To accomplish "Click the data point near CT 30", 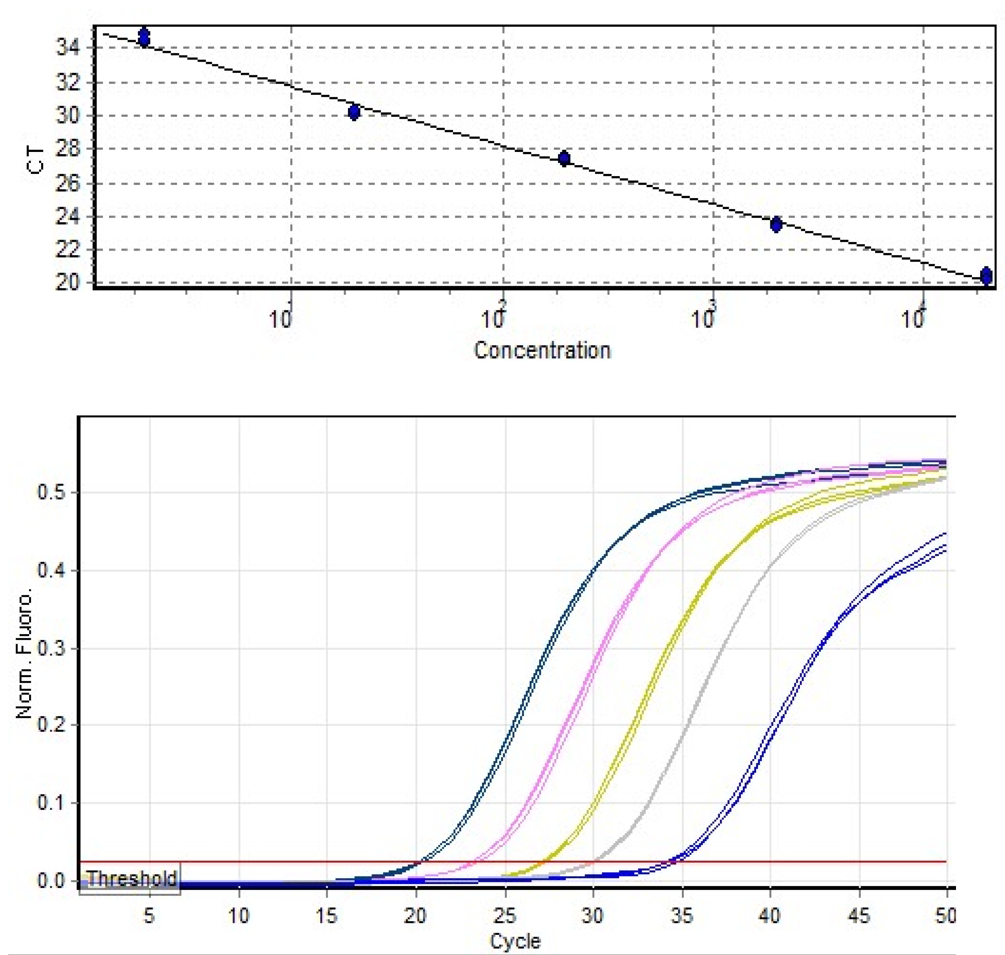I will tap(354, 112).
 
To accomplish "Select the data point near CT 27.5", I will tap(564, 158).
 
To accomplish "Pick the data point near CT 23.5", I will tap(776, 224).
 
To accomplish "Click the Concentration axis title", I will tap(542, 351).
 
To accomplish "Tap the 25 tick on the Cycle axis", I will tap(504, 916).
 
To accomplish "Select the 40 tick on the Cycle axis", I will tap(770, 916).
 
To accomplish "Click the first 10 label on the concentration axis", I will tap(280, 320).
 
